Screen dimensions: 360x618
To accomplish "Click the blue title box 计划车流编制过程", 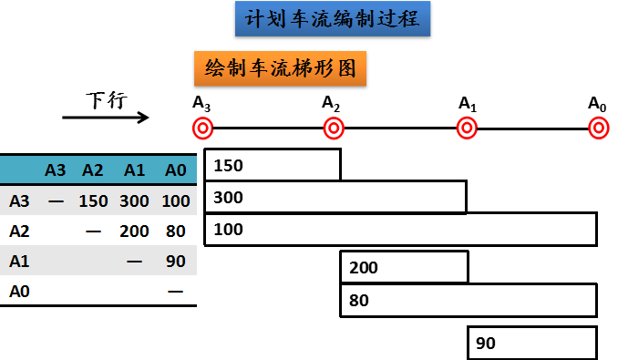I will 333,18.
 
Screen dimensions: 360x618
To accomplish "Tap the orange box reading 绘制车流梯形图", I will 280,68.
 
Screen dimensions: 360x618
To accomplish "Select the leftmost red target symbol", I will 202,128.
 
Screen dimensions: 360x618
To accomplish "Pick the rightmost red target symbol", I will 598,128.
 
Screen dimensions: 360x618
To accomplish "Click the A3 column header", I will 56,170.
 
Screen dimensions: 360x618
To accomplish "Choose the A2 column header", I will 93,170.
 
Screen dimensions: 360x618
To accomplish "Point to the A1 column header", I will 135,170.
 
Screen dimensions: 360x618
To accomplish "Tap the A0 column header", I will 175,170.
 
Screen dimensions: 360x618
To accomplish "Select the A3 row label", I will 20,201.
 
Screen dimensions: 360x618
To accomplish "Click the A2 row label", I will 20,231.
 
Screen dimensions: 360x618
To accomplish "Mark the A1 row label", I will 20,261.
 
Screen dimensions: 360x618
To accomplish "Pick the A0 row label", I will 20,291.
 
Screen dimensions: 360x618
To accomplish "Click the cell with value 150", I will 93,201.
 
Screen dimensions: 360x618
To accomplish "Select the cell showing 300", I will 135,201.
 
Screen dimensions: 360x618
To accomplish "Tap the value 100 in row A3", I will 175,201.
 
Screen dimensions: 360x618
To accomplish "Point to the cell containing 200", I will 135,231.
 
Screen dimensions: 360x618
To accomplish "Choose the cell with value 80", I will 176,231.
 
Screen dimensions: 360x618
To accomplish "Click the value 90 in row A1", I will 176,261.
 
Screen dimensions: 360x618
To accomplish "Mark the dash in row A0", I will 176,291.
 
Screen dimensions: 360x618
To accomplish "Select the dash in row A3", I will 56,201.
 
